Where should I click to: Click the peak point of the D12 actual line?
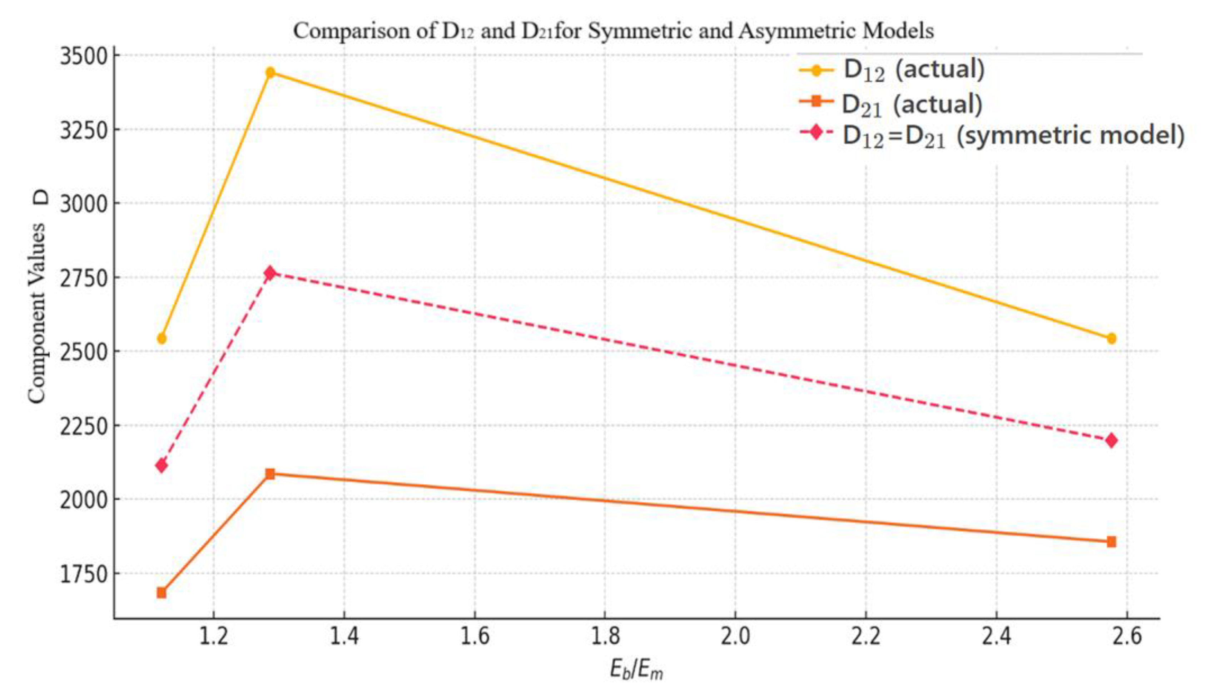pyautogui.click(x=270, y=72)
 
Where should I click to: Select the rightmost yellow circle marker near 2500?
pyautogui.click(x=1111, y=338)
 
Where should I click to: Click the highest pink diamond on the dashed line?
pyautogui.click(x=270, y=273)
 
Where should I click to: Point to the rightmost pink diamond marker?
pyautogui.click(x=1111, y=440)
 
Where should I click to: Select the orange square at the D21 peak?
pyautogui.click(x=270, y=474)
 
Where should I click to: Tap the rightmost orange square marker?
pyautogui.click(x=1111, y=541)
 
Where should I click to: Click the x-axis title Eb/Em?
pyautogui.click(x=636, y=670)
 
